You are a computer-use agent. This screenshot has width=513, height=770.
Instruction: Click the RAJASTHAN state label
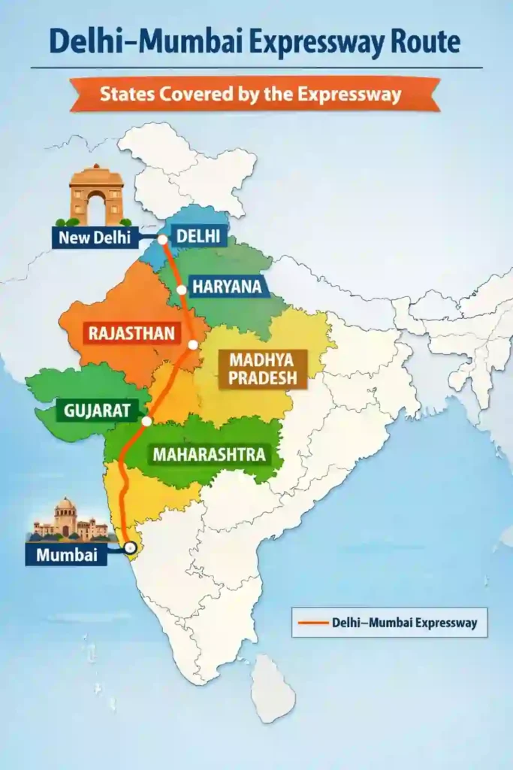[x=131, y=332]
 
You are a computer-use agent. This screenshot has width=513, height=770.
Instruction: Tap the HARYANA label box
[x=227, y=286]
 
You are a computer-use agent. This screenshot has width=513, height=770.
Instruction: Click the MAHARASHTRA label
[x=210, y=454]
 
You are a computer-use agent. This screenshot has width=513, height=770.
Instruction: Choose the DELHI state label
[x=198, y=237]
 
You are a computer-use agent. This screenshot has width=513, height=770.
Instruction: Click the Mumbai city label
[x=65, y=555]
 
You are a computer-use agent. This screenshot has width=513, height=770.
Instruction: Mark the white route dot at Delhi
[x=162, y=240]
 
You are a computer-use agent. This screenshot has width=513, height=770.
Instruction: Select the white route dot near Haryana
[x=181, y=290]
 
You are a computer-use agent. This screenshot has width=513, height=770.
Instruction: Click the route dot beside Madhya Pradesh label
[x=193, y=344]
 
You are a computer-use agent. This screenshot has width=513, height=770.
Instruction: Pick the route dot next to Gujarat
[x=147, y=421]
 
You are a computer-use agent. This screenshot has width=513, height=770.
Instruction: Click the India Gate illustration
[x=96, y=196]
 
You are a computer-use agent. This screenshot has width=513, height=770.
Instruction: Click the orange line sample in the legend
[x=313, y=623]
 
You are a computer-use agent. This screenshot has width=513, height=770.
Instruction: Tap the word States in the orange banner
[x=129, y=95]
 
